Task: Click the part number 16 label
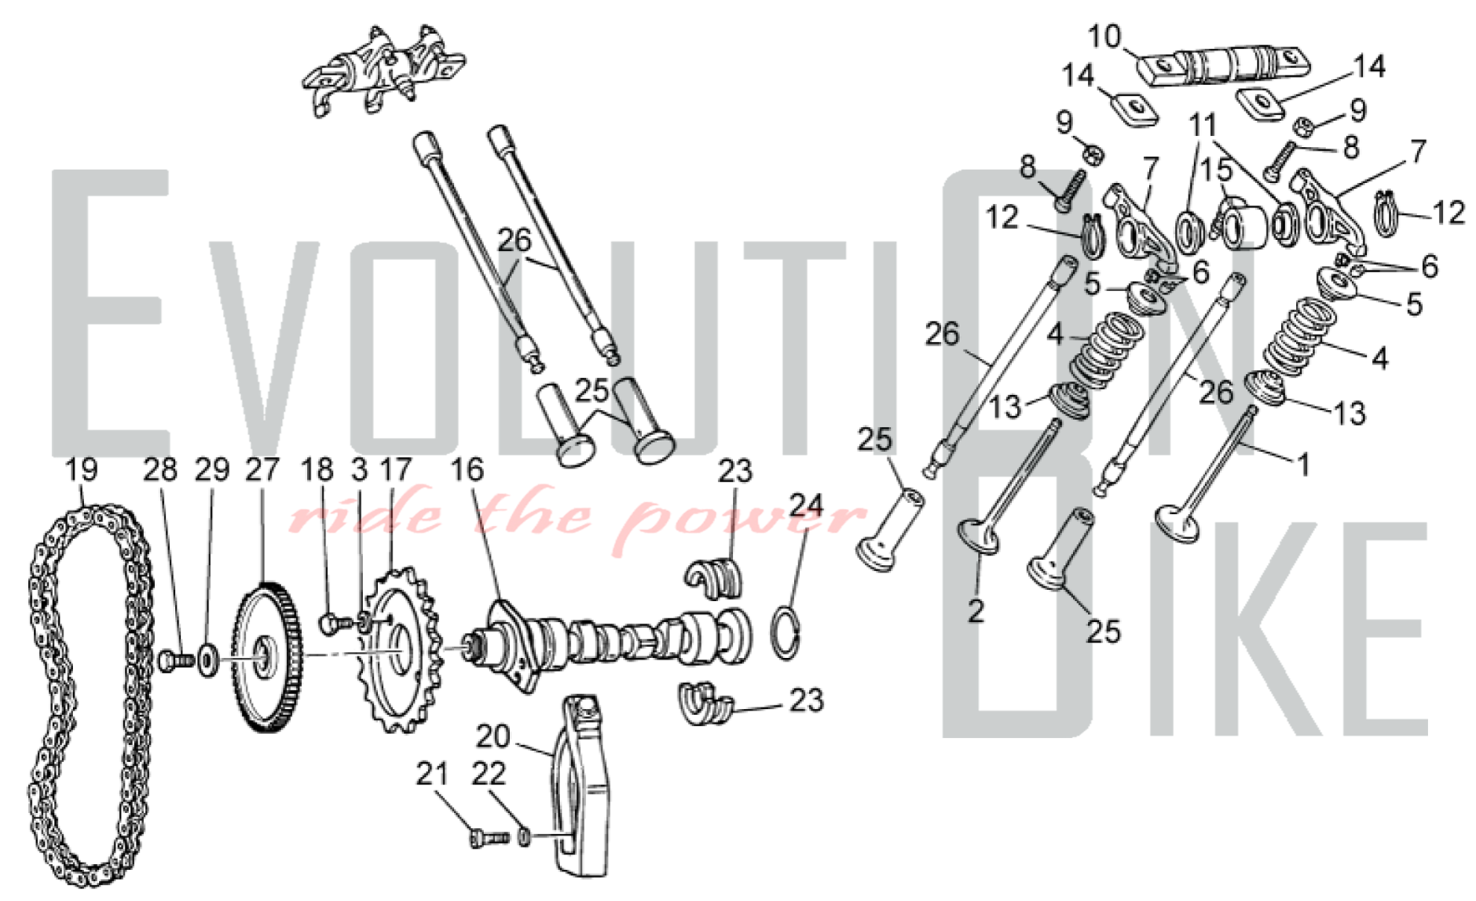467,470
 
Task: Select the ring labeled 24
787,631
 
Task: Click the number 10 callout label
1105,35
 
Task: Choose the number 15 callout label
1216,171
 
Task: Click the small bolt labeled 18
336,623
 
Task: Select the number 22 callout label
489,773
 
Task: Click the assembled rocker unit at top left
383,70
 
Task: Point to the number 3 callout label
359,470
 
